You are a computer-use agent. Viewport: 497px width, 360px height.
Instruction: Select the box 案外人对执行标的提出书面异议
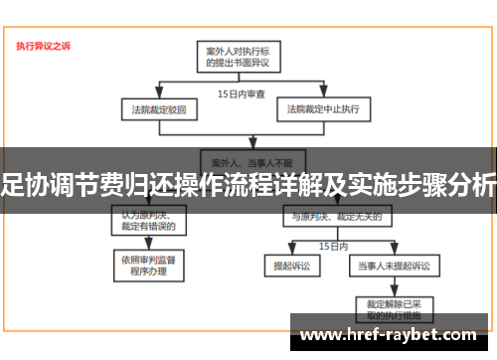(x=238, y=56)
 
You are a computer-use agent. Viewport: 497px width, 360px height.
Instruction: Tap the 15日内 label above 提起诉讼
(x=333, y=245)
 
